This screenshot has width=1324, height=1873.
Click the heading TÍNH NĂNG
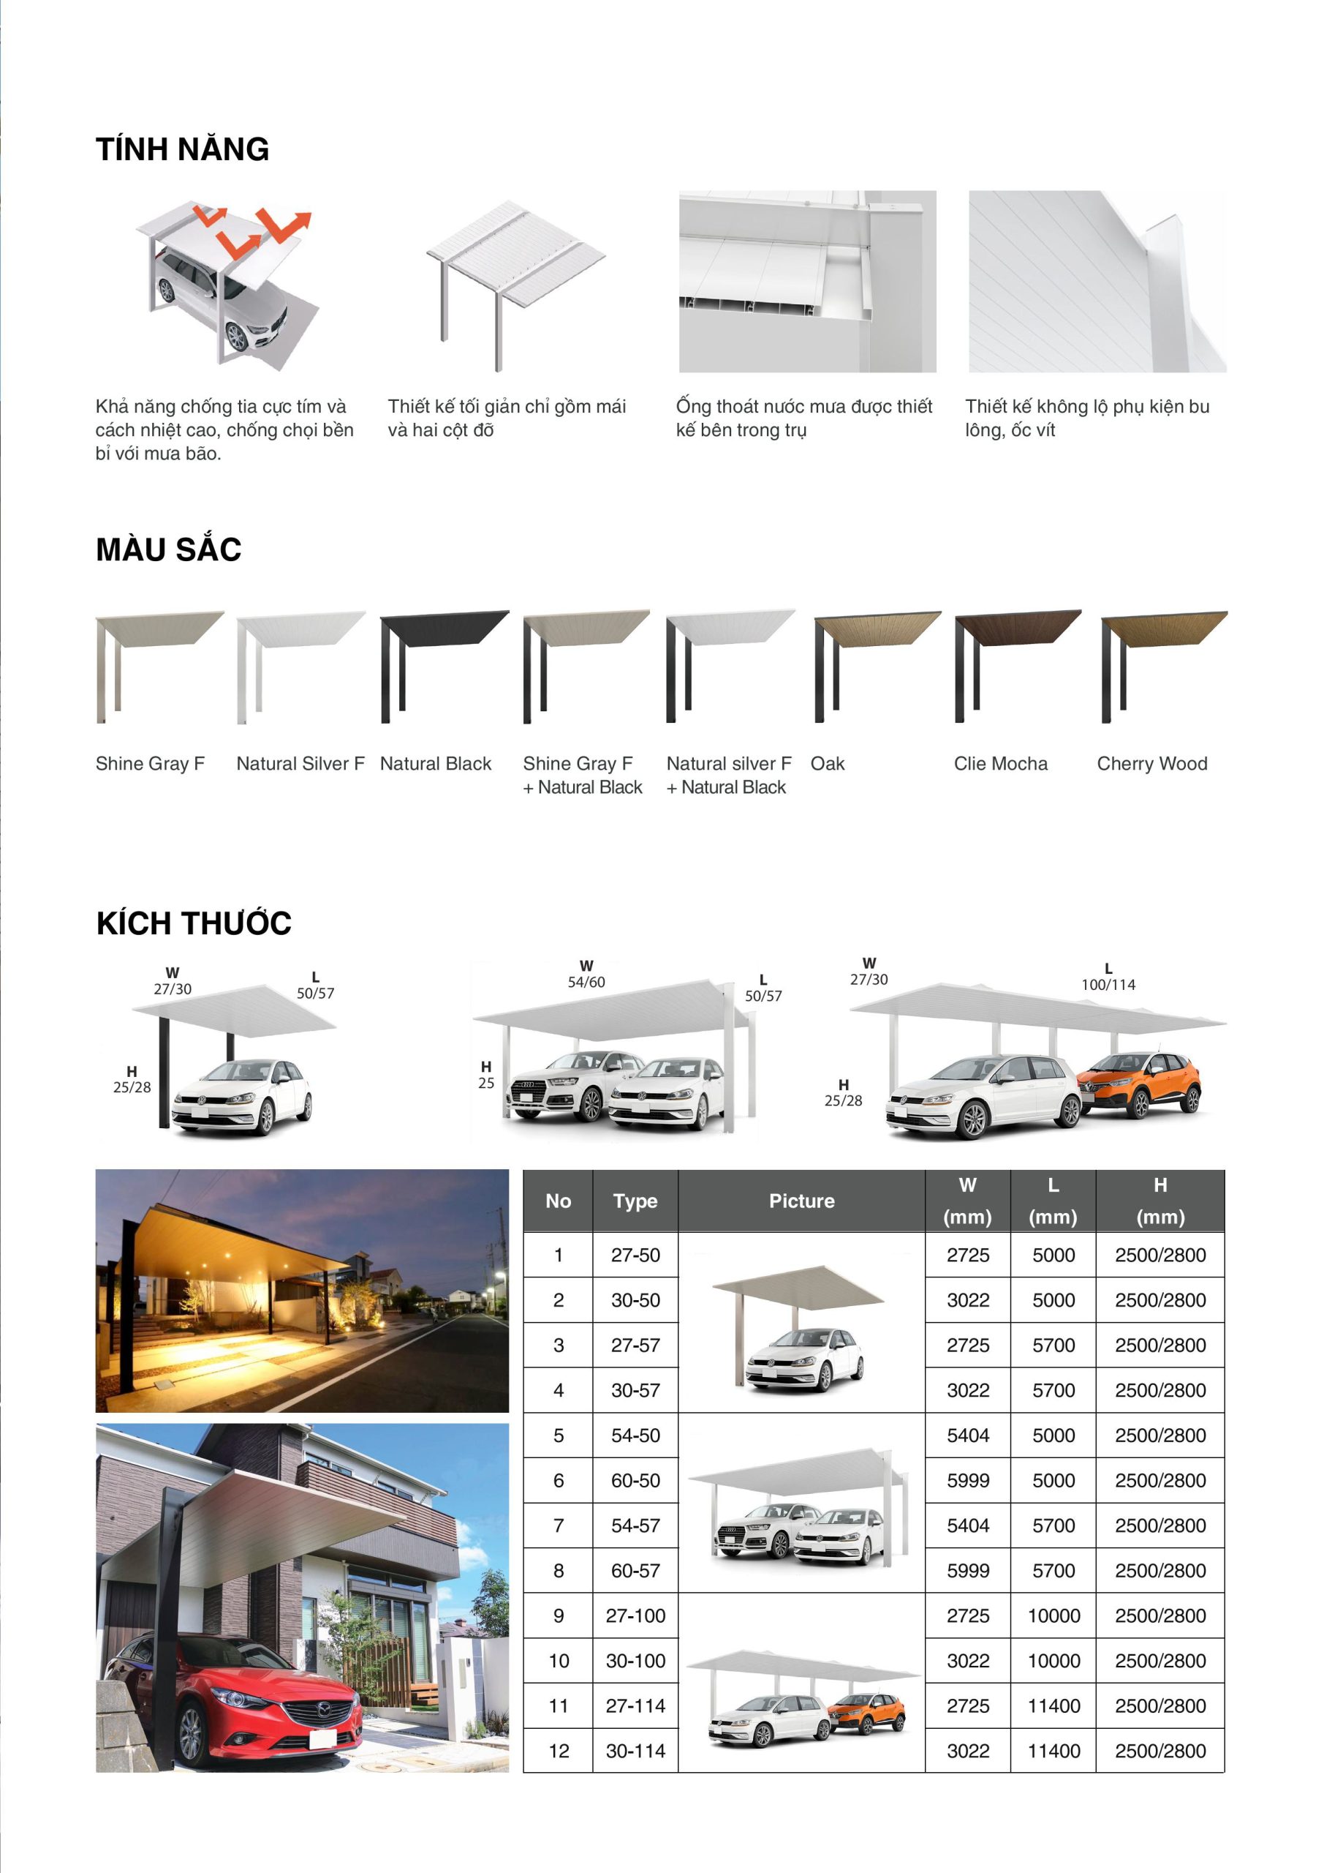(182, 149)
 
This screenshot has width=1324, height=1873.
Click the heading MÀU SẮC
(168, 549)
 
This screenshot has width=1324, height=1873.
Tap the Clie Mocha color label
(1000, 764)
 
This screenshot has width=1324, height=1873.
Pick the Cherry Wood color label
(1151, 764)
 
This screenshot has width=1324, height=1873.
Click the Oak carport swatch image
(875, 664)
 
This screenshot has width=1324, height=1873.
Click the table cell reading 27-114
(635, 1705)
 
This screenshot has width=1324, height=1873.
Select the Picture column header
(801, 1201)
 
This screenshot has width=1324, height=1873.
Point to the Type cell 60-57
(635, 1570)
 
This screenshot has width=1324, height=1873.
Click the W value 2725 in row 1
(968, 1255)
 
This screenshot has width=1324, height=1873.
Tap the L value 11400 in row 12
(1053, 1751)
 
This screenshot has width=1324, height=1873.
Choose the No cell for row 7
(559, 1525)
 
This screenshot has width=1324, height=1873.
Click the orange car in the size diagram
(1140, 1083)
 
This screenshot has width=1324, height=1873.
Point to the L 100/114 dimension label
(1108, 977)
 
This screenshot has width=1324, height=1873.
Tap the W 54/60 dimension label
(586, 975)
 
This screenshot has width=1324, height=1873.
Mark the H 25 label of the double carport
(486, 1076)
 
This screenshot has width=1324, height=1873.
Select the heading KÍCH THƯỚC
(193, 923)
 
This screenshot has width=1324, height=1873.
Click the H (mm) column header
(1160, 1201)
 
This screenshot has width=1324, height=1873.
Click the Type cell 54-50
(635, 1435)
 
